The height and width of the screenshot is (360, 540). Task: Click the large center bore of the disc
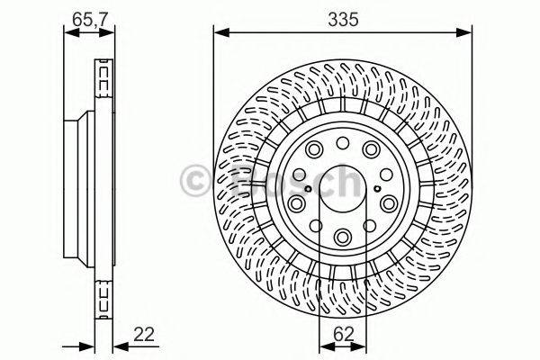tap(343, 188)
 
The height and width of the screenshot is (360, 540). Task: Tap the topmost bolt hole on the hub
tap(343, 142)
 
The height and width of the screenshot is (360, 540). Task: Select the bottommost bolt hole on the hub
tap(343, 236)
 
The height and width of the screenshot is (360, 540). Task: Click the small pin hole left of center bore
tap(308, 188)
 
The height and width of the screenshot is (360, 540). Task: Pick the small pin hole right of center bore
tap(378, 188)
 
